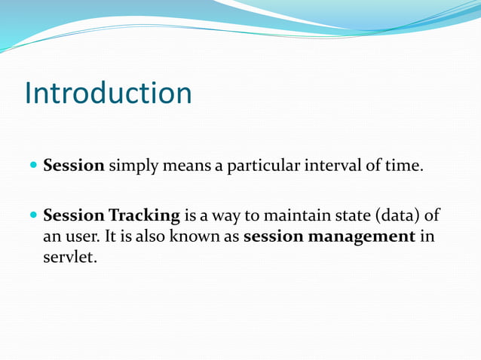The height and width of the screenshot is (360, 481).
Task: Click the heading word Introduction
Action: coord(108,93)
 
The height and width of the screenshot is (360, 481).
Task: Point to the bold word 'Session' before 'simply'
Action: coord(74,166)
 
